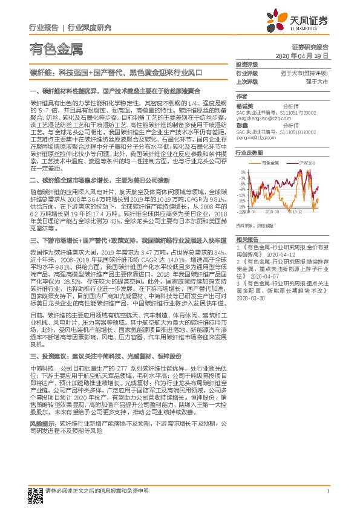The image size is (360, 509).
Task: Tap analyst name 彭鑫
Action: pos(242,126)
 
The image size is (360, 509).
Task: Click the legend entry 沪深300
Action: pos(307,163)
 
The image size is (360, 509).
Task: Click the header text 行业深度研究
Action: pos(90,27)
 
